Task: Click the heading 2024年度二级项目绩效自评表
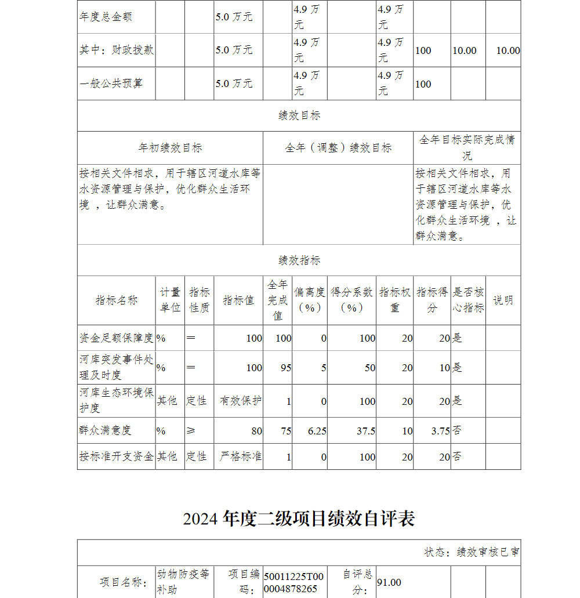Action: (299, 519)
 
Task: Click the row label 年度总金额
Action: (106, 17)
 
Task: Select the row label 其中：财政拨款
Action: (116, 50)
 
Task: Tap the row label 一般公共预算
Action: (111, 84)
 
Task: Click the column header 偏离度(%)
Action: (310, 300)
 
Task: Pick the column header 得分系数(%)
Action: (351, 300)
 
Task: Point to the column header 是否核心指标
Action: (468, 300)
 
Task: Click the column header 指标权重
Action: (394, 300)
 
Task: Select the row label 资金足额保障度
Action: (116, 338)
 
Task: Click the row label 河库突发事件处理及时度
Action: (116, 367)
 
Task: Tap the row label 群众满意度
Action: (106, 430)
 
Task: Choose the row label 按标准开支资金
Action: (116, 456)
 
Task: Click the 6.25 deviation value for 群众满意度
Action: (317, 431)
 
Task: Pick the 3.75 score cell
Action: (440, 431)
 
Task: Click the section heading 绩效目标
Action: (299, 115)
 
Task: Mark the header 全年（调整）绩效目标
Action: (338, 148)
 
